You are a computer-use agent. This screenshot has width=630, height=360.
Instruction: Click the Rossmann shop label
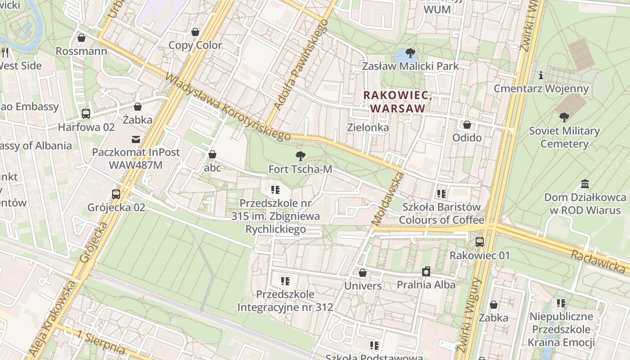click(81, 51)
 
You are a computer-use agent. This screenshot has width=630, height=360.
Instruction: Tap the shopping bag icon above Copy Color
click(195, 32)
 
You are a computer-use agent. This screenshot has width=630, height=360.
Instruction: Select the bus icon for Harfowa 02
click(86, 114)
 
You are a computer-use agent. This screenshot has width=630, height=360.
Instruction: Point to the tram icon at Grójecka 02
click(116, 194)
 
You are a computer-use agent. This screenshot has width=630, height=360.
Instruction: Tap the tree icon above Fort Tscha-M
click(300, 156)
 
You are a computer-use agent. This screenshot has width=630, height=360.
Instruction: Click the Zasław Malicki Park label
click(410, 66)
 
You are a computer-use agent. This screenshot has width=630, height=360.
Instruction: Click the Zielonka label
click(368, 127)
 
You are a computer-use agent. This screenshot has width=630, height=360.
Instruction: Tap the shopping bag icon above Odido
click(467, 125)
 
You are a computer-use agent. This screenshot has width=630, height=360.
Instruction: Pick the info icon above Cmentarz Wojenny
click(541, 75)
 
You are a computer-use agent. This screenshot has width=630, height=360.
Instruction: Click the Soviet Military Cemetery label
click(564, 137)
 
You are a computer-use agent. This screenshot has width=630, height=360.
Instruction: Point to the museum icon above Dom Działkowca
click(585, 184)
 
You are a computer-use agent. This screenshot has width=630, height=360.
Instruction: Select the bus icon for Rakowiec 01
click(480, 242)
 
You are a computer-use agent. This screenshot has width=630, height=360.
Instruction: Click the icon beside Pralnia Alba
click(426, 271)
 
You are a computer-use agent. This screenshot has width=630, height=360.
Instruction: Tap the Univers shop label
click(363, 286)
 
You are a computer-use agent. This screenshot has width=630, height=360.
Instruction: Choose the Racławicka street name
click(599, 261)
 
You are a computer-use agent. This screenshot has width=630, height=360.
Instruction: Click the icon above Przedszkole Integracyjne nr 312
click(285, 281)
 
